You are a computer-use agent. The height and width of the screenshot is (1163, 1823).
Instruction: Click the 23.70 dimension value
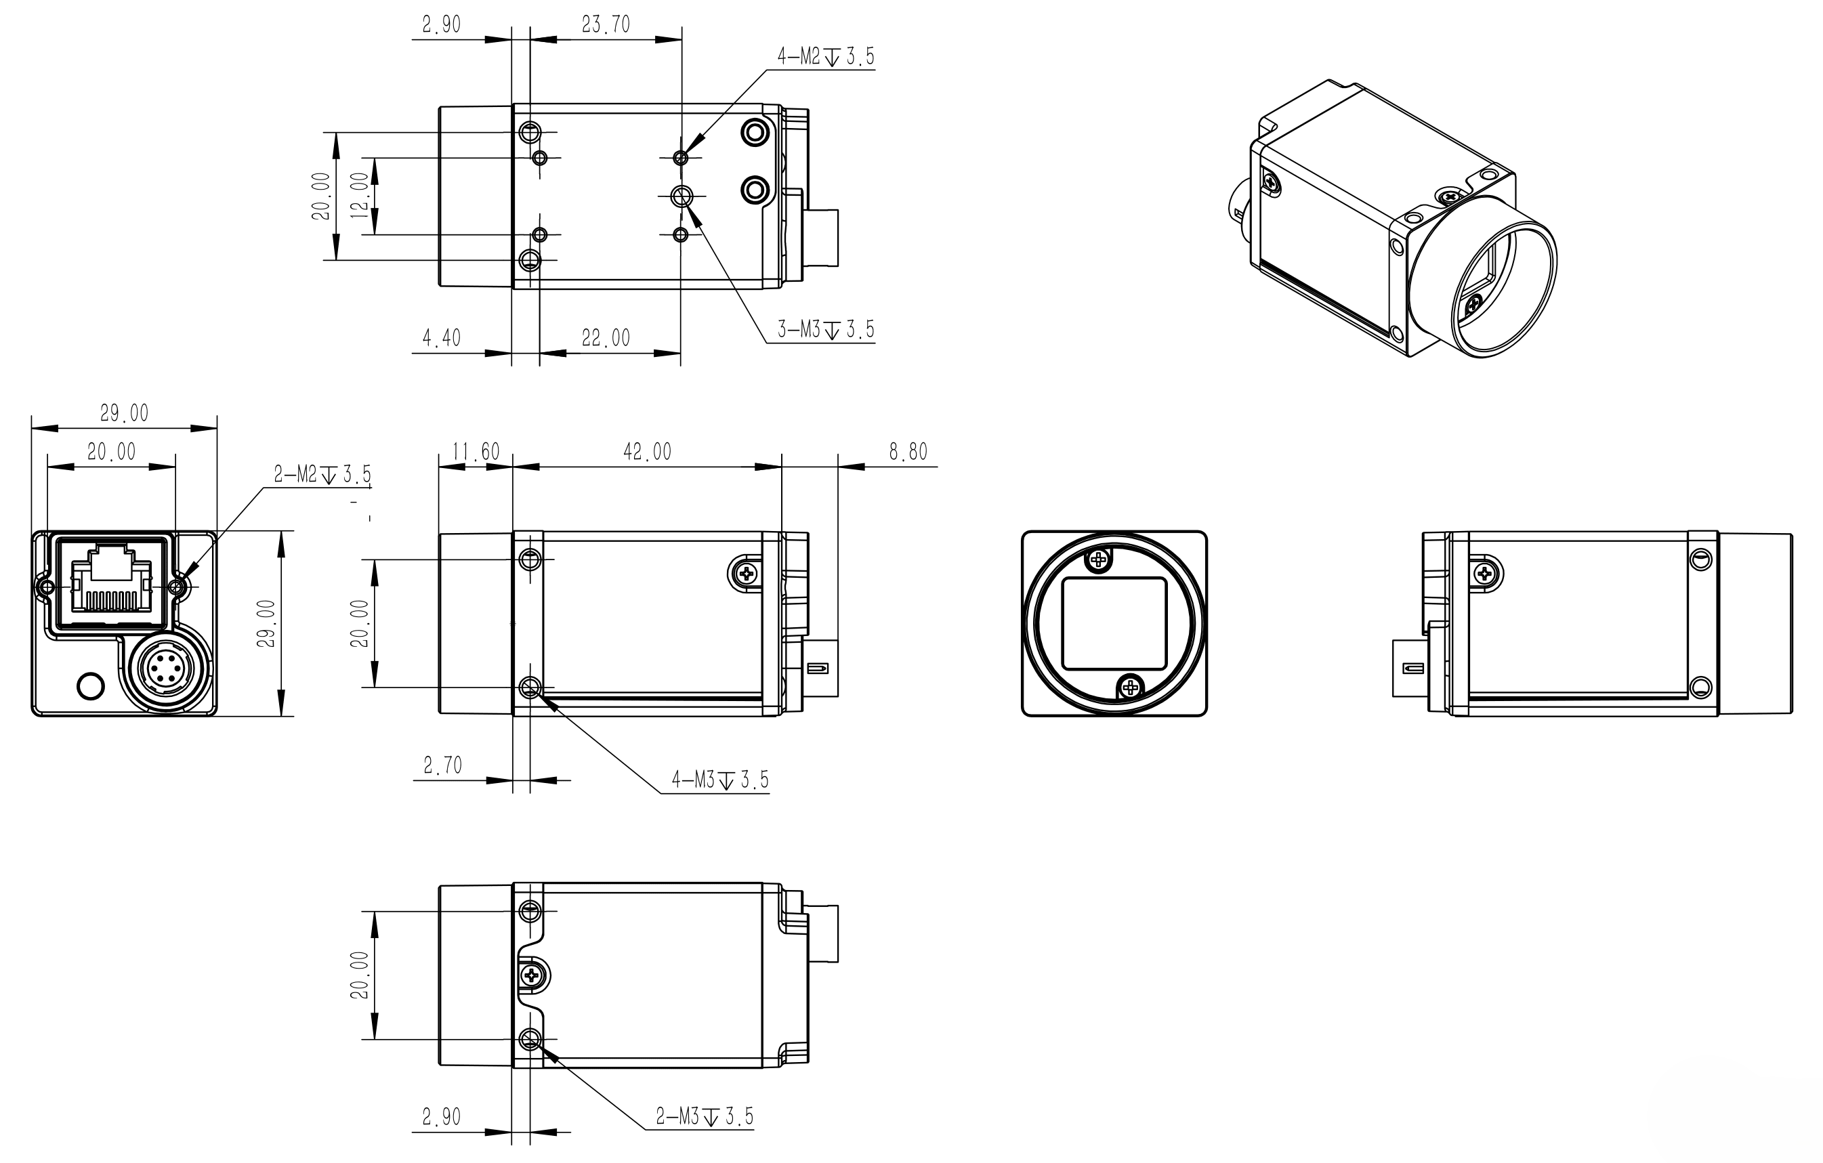click(x=606, y=25)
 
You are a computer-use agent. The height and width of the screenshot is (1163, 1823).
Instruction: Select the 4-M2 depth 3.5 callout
click(x=825, y=56)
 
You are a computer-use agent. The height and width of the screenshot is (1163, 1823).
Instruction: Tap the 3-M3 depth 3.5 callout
click(x=825, y=329)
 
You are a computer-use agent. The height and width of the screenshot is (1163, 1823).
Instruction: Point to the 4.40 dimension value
click(x=442, y=338)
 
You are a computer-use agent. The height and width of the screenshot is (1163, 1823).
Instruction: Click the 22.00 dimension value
click(x=606, y=338)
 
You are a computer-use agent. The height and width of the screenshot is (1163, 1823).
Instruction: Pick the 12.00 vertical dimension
click(x=360, y=195)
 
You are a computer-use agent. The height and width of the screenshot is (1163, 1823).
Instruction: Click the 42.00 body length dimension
click(x=647, y=452)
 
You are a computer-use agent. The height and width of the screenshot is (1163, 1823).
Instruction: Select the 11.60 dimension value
click(x=476, y=452)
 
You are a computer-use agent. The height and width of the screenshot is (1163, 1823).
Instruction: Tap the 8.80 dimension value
click(x=908, y=452)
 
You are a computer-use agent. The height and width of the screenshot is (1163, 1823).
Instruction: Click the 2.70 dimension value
click(x=443, y=765)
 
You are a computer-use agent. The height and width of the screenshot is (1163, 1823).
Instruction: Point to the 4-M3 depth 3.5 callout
click(x=720, y=779)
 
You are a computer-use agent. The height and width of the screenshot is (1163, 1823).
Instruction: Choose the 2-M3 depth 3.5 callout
click(x=705, y=1116)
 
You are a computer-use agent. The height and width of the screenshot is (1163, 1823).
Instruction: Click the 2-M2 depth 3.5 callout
click(x=322, y=475)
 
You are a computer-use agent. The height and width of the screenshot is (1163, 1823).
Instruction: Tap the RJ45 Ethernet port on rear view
click(x=110, y=580)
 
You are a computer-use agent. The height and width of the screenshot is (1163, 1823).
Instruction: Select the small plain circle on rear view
click(x=91, y=686)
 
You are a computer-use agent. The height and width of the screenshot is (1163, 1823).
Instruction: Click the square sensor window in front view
click(x=1114, y=623)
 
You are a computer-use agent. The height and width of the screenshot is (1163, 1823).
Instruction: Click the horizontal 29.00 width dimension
click(x=124, y=413)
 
